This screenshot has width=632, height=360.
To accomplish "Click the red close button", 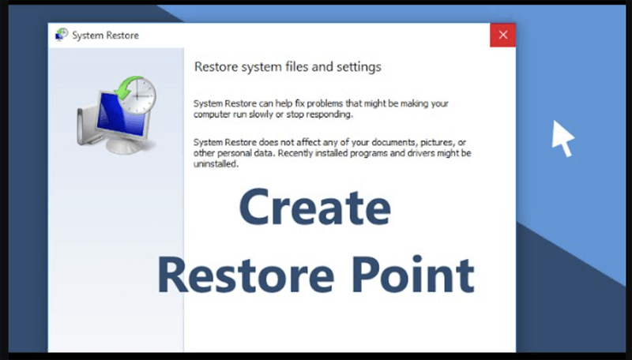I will click(502, 36).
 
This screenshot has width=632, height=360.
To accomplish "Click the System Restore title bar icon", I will click(61, 36).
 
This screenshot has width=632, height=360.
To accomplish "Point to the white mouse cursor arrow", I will click(562, 138).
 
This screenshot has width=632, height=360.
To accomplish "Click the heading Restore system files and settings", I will click(288, 67).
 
